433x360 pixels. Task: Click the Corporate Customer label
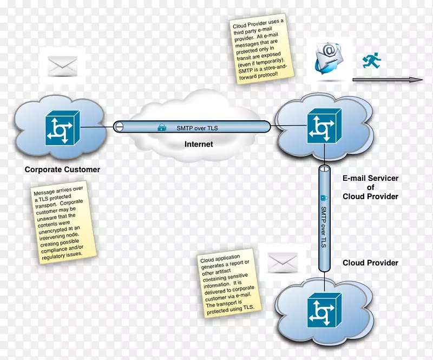[x=62, y=169]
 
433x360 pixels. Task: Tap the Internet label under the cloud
[x=199, y=144]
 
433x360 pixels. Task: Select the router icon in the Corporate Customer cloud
[x=61, y=128]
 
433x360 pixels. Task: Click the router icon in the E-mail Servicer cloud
[x=324, y=126]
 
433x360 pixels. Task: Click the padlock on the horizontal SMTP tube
[x=161, y=128]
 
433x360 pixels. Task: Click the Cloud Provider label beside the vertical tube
[x=370, y=263]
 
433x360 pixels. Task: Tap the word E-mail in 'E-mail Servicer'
[x=355, y=177]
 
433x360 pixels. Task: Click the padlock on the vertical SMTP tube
[x=324, y=198]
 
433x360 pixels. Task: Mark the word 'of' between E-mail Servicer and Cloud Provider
[x=370, y=187]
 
